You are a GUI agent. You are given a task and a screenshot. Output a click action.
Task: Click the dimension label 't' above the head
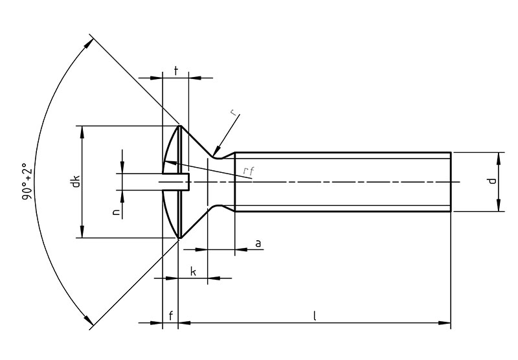(x=176, y=68)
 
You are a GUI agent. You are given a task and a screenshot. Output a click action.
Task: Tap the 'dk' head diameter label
(x=76, y=182)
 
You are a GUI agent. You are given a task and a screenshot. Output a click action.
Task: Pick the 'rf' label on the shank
(x=247, y=171)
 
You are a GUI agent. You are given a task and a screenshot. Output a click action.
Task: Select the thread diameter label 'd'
(x=492, y=182)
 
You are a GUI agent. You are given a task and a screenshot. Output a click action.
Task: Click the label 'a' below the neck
(x=258, y=243)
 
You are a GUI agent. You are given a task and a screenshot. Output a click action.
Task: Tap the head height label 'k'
(x=194, y=272)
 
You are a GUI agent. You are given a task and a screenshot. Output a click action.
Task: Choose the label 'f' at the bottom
(x=170, y=315)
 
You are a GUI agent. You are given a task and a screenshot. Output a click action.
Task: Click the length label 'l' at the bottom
(x=314, y=315)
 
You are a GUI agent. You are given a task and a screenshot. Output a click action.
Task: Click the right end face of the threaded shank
(x=450, y=182)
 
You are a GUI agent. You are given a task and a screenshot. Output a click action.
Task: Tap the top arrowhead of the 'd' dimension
(x=499, y=156)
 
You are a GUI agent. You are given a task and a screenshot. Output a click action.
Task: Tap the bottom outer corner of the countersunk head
(x=179, y=238)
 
